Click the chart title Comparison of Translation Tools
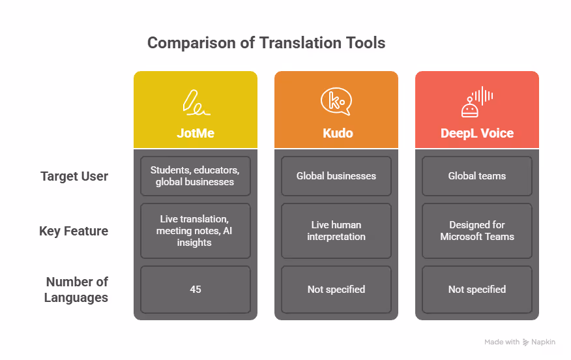[x=266, y=44]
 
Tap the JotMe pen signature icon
[x=196, y=102]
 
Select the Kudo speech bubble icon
[x=336, y=102]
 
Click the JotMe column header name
[x=196, y=133]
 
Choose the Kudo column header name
[x=336, y=133]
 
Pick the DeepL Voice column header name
[x=477, y=133]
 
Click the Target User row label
[x=74, y=176]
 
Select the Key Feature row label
[x=74, y=231]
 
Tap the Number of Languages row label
[x=76, y=290]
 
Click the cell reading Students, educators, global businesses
[x=196, y=176]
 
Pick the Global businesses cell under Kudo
[x=336, y=176]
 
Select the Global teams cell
[x=477, y=176]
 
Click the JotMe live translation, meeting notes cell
[x=196, y=231]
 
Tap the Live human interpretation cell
[x=336, y=231]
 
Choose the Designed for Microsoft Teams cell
[x=477, y=231]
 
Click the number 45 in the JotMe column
[x=196, y=289]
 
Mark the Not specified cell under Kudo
[x=336, y=289]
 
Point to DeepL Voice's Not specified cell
[x=477, y=289]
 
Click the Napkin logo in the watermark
[x=525, y=342]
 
